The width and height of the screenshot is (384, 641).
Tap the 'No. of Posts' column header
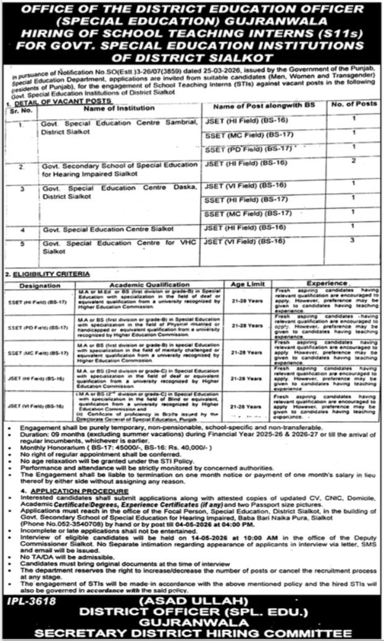click(x=354, y=106)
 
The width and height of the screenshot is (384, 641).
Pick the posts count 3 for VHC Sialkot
click(x=353, y=240)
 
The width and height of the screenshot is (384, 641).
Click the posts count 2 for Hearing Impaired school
click(x=353, y=162)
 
